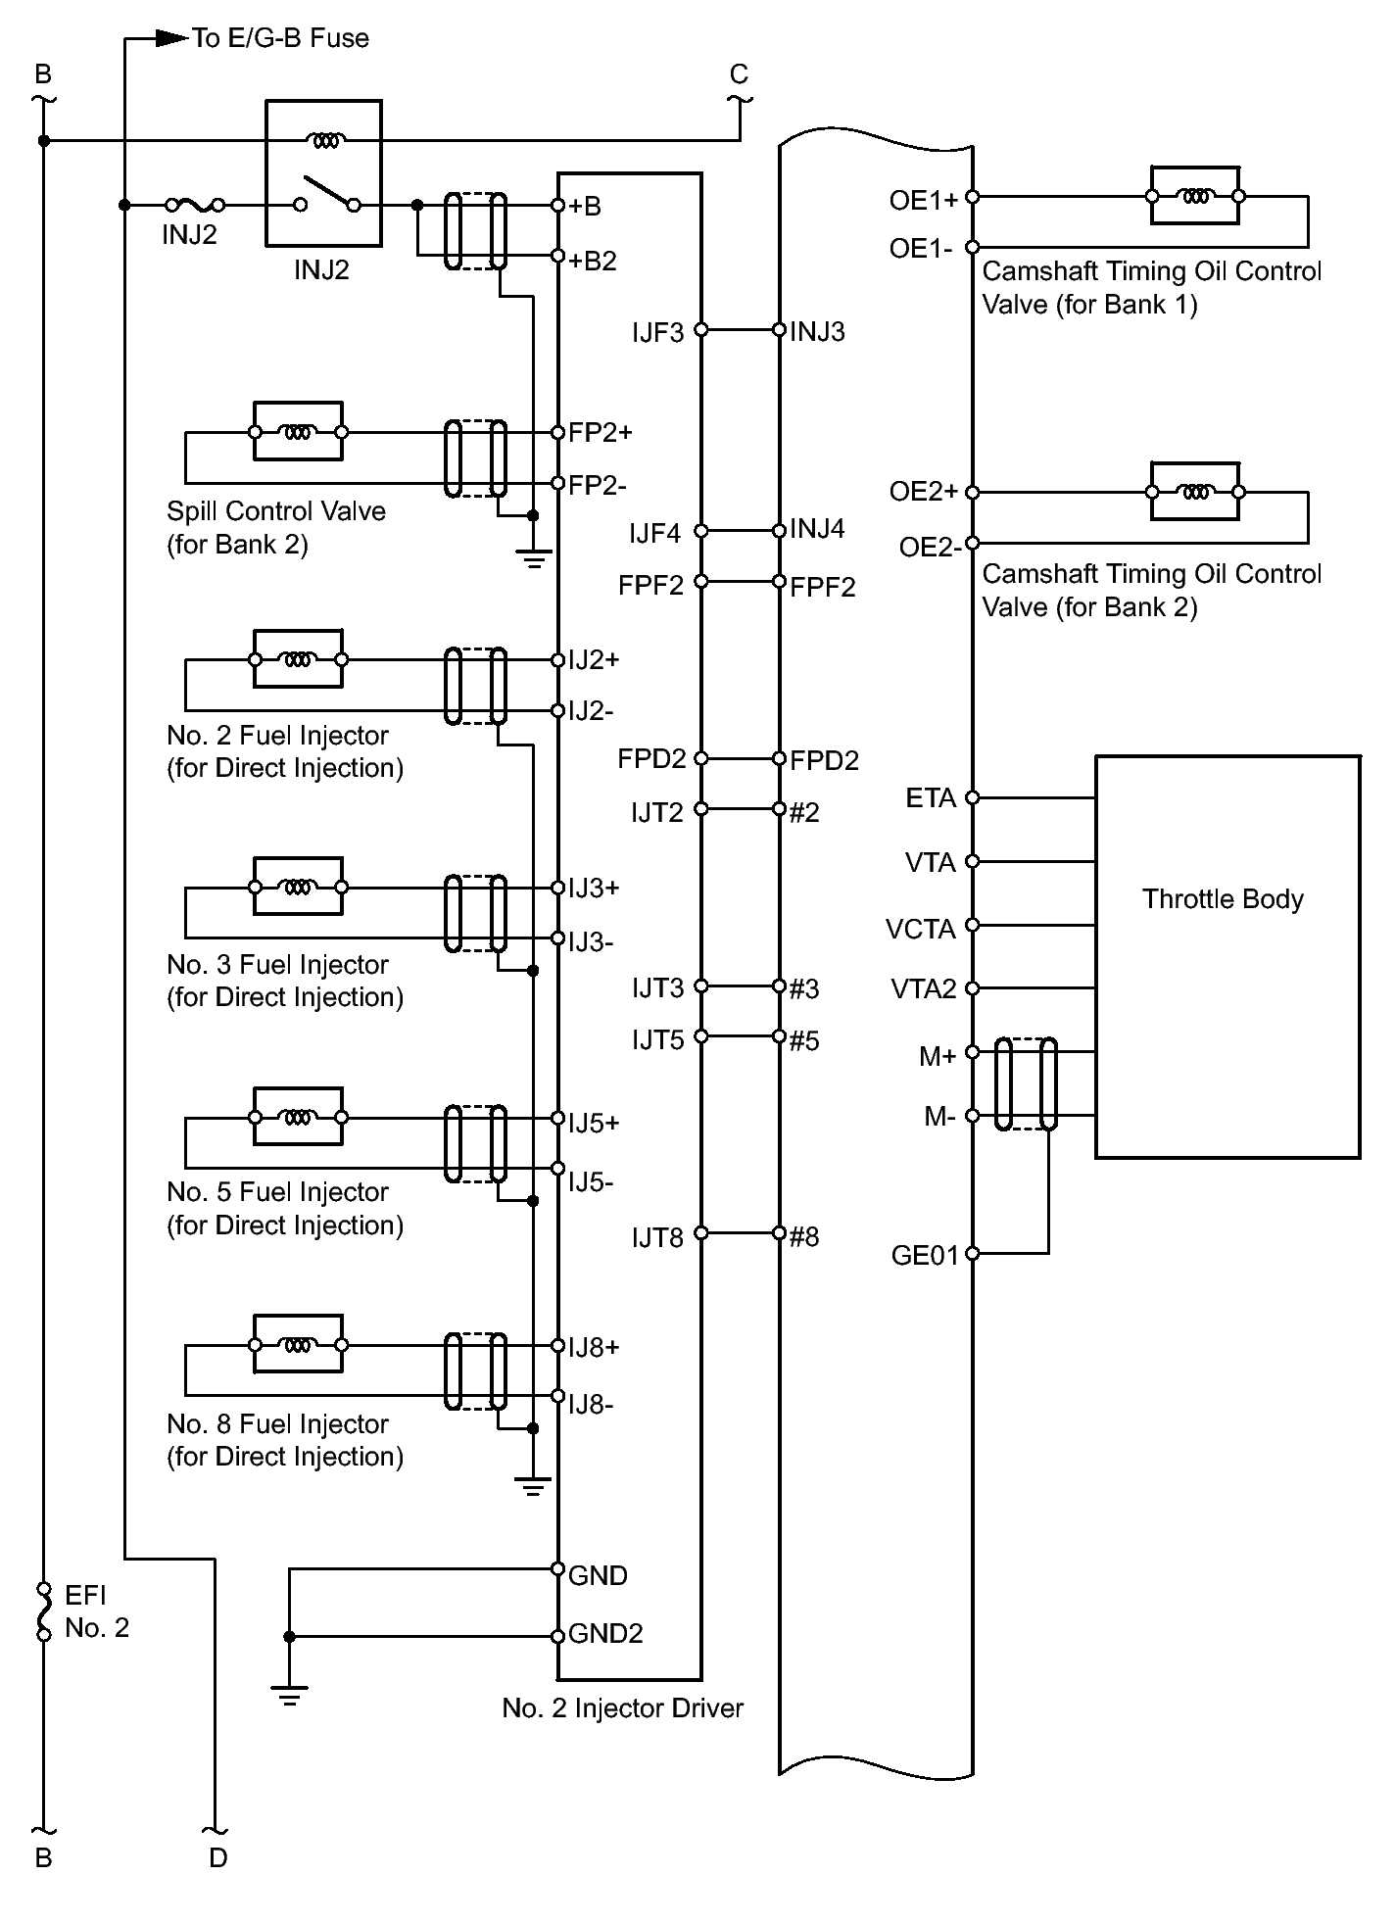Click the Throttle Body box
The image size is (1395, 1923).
(x=1227, y=956)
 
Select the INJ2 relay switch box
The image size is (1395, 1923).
(x=323, y=172)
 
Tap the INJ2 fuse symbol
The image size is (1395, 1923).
(x=195, y=206)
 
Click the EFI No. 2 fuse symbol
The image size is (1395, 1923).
(x=43, y=1611)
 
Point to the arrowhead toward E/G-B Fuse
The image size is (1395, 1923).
(x=172, y=39)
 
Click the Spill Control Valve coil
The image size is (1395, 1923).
(x=298, y=431)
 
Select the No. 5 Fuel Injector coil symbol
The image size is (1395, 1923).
(x=298, y=1117)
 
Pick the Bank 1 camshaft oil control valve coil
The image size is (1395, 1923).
(x=1194, y=196)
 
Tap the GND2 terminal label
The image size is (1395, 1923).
(x=605, y=1634)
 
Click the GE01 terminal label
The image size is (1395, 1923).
(x=925, y=1256)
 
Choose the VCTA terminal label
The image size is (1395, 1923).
(x=920, y=929)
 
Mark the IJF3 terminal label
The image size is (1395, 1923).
(x=657, y=333)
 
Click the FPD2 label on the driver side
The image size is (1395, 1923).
(x=651, y=759)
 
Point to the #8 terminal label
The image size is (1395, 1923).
(x=804, y=1237)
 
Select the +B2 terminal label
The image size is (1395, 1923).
(x=593, y=261)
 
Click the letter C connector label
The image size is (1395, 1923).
(x=739, y=74)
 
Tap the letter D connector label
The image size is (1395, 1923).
(x=217, y=1857)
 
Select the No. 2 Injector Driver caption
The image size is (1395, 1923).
(x=622, y=1708)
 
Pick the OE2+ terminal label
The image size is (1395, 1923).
(x=923, y=492)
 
